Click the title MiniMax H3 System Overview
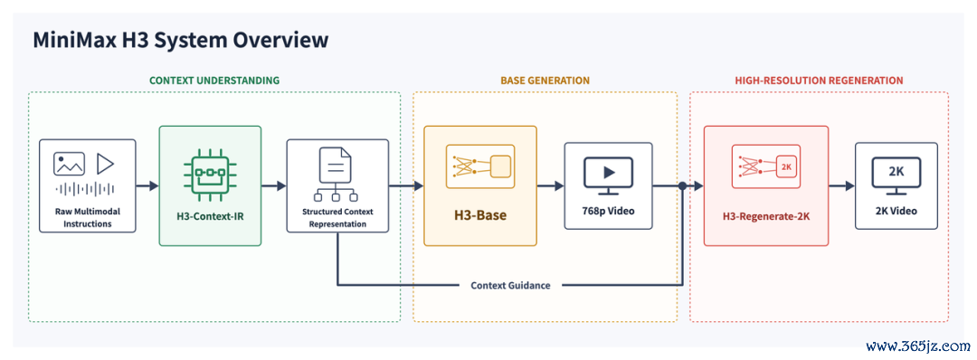[x=181, y=41]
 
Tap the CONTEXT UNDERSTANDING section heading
[x=214, y=81]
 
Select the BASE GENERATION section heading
[x=545, y=81]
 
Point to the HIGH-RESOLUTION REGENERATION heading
[x=819, y=81]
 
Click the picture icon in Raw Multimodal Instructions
[x=69, y=164]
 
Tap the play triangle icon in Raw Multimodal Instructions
[x=105, y=164]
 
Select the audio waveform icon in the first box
[x=87, y=189]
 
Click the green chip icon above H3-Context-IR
[x=210, y=168]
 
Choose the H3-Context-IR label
[x=210, y=217]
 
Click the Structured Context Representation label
[x=337, y=218]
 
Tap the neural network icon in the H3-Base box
[x=479, y=166]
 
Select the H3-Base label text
[x=479, y=216]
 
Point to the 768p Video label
[x=608, y=211]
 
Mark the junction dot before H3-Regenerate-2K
[x=683, y=185]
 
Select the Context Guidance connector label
[x=510, y=285]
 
